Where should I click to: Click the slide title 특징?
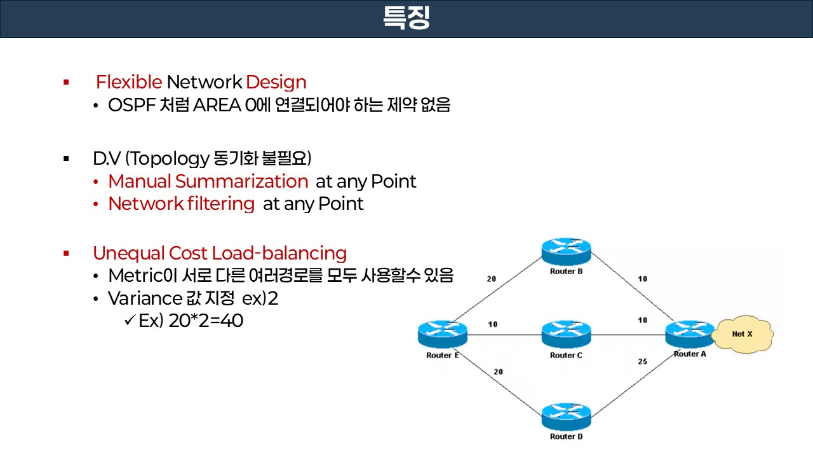pos(406,18)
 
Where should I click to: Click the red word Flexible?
pos(129,82)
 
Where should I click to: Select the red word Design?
pos(276,82)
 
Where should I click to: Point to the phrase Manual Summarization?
pos(208,181)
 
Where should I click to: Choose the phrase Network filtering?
pos(181,204)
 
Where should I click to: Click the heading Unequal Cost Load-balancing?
pos(220,253)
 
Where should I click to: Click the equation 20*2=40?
pos(206,321)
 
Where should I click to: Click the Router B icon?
pos(566,251)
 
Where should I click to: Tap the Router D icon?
pos(566,416)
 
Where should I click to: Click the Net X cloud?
pos(742,333)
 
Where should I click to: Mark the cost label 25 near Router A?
pos(642,361)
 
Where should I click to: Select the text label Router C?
pos(566,356)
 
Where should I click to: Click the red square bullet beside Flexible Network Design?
pos(66,82)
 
